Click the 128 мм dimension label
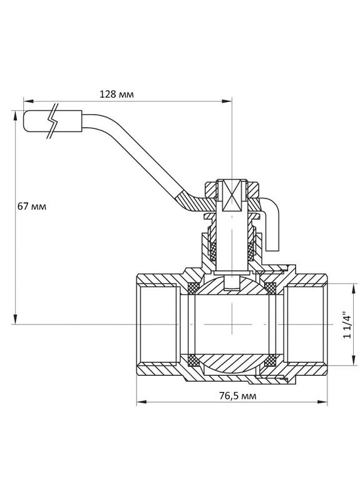point(117,94)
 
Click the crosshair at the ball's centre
point(232,324)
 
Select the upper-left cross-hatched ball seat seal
point(193,288)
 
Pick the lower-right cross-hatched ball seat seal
point(270,360)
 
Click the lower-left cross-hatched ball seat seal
point(193,360)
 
